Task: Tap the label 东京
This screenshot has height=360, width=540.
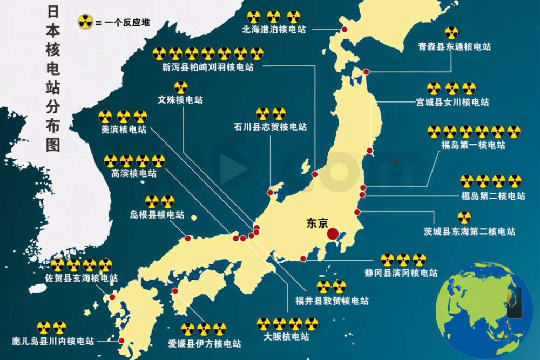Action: click(x=317, y=222)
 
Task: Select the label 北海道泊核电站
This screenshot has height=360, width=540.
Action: click(x=274, y=30)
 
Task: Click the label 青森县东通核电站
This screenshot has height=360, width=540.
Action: click(x=454, y=47)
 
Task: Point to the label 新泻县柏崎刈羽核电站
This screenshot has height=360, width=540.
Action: click(x=207, y=67)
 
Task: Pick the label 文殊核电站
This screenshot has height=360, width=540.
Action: click(x=181, y=100)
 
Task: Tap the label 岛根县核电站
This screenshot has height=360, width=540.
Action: click(x=161, y=215)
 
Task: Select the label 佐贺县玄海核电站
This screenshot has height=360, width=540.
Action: click(x=82, y=279)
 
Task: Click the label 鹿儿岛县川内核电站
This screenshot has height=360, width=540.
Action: click(x=53, y=341)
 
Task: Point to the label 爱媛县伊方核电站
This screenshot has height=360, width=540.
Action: click(x=204, y=343)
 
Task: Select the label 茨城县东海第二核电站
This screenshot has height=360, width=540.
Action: click(x=469, y=232)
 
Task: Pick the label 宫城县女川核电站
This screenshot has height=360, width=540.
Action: click(x=452, y=101)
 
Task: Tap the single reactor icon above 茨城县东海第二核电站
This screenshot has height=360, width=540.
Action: click(x=463, y=218)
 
